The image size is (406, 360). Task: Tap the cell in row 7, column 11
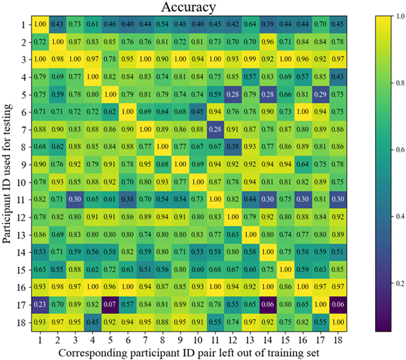[x=214, y=129]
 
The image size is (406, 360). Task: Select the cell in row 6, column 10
[x=196, y=112]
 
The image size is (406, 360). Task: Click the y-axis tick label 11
[x=19, y=199]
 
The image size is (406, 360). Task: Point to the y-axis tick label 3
[x=22, y=60]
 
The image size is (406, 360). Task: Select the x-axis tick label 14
[x=267, y=338]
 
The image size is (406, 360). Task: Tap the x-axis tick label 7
[x=144, y=338]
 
